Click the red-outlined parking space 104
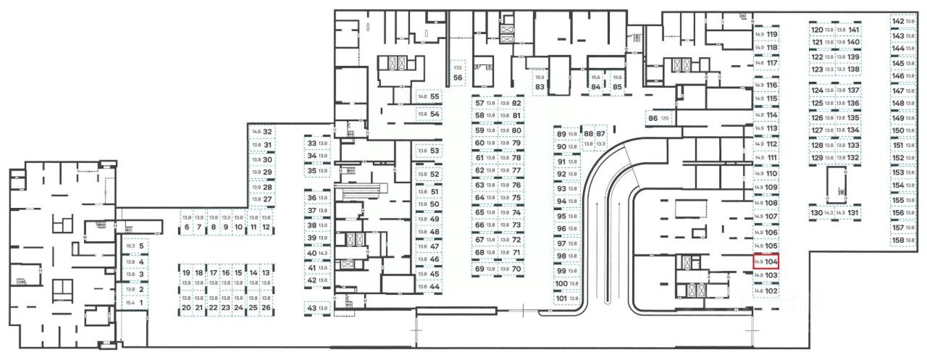click(x=765, y=261)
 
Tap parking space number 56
click(x=458, y=73)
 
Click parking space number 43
click(x=318, y=309)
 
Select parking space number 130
click(x=822, y=213)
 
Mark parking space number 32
click(x=261, y=132)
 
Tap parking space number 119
click(x=766, y=35)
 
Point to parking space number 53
click(x=428, y=151)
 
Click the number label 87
click(x=600, y=134)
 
